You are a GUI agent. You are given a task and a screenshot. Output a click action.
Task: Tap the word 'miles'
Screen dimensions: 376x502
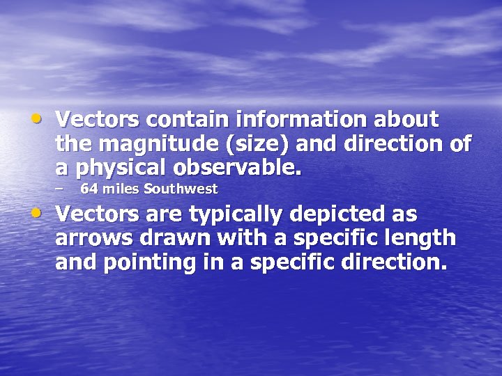pos(121,189)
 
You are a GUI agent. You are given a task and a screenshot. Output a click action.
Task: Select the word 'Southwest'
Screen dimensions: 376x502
pos(181,189)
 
